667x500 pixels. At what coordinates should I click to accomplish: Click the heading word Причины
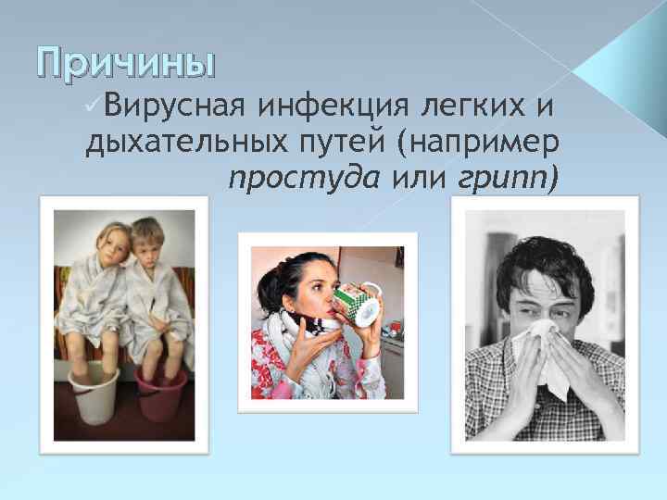125,64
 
